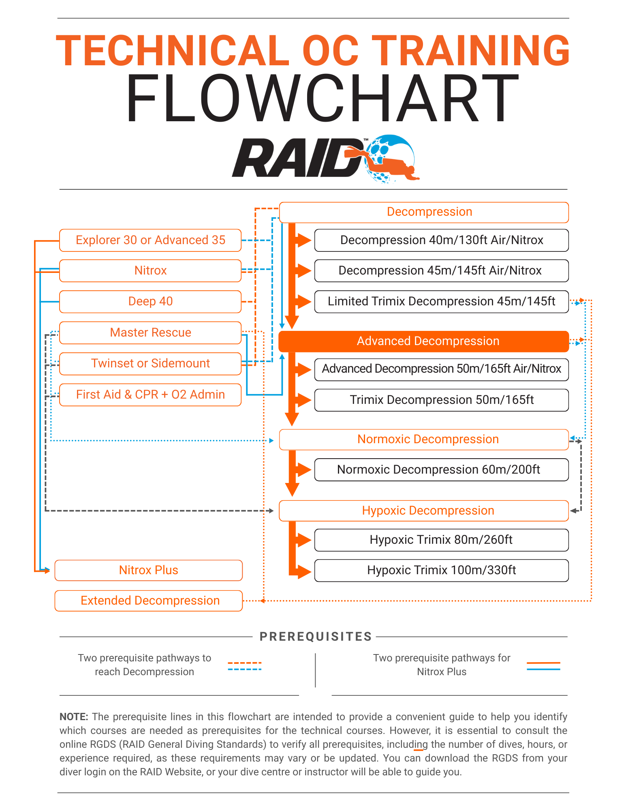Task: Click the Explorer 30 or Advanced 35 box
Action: pyautogui.click(x=150, y=240)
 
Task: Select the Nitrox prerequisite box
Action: pyautogui.click(x=150, y=270)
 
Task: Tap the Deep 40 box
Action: pyautogui.click(x=150, y=301)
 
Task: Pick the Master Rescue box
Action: pyautogui.click(x=150, y=333)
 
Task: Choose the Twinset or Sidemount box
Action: pyautogui.click(x=150, y=363)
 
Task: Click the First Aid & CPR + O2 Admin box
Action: pyautogui.click(x=150, y=395)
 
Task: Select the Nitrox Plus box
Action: pyautogui.click(x=148, y=570)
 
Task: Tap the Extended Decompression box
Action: pyautogui.click(x=148, y=601)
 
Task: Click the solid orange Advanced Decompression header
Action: pyautogui.click(x=424, y=341)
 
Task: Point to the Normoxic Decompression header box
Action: pyautogui.click(x=424, y=439)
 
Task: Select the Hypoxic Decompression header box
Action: pyautogui.click(x=424, y=511)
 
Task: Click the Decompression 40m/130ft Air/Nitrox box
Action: pyautogui.click(x=441, y=240)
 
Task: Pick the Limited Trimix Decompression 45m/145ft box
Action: pyautogui.click(x=441, y=301)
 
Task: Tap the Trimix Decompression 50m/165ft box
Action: pyautogui.click(x=441, y=400)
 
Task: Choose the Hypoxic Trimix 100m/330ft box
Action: pyautogui.click(x=441, y=570)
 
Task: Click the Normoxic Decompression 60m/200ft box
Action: pyautogui.click(x=441, y=470)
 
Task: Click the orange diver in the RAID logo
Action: pyautogui.click(x=389, y=164)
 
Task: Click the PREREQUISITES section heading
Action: pyautogui.click(x=316, y=637)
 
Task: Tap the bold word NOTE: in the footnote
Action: pyautogui.click(x=74, y=717)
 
